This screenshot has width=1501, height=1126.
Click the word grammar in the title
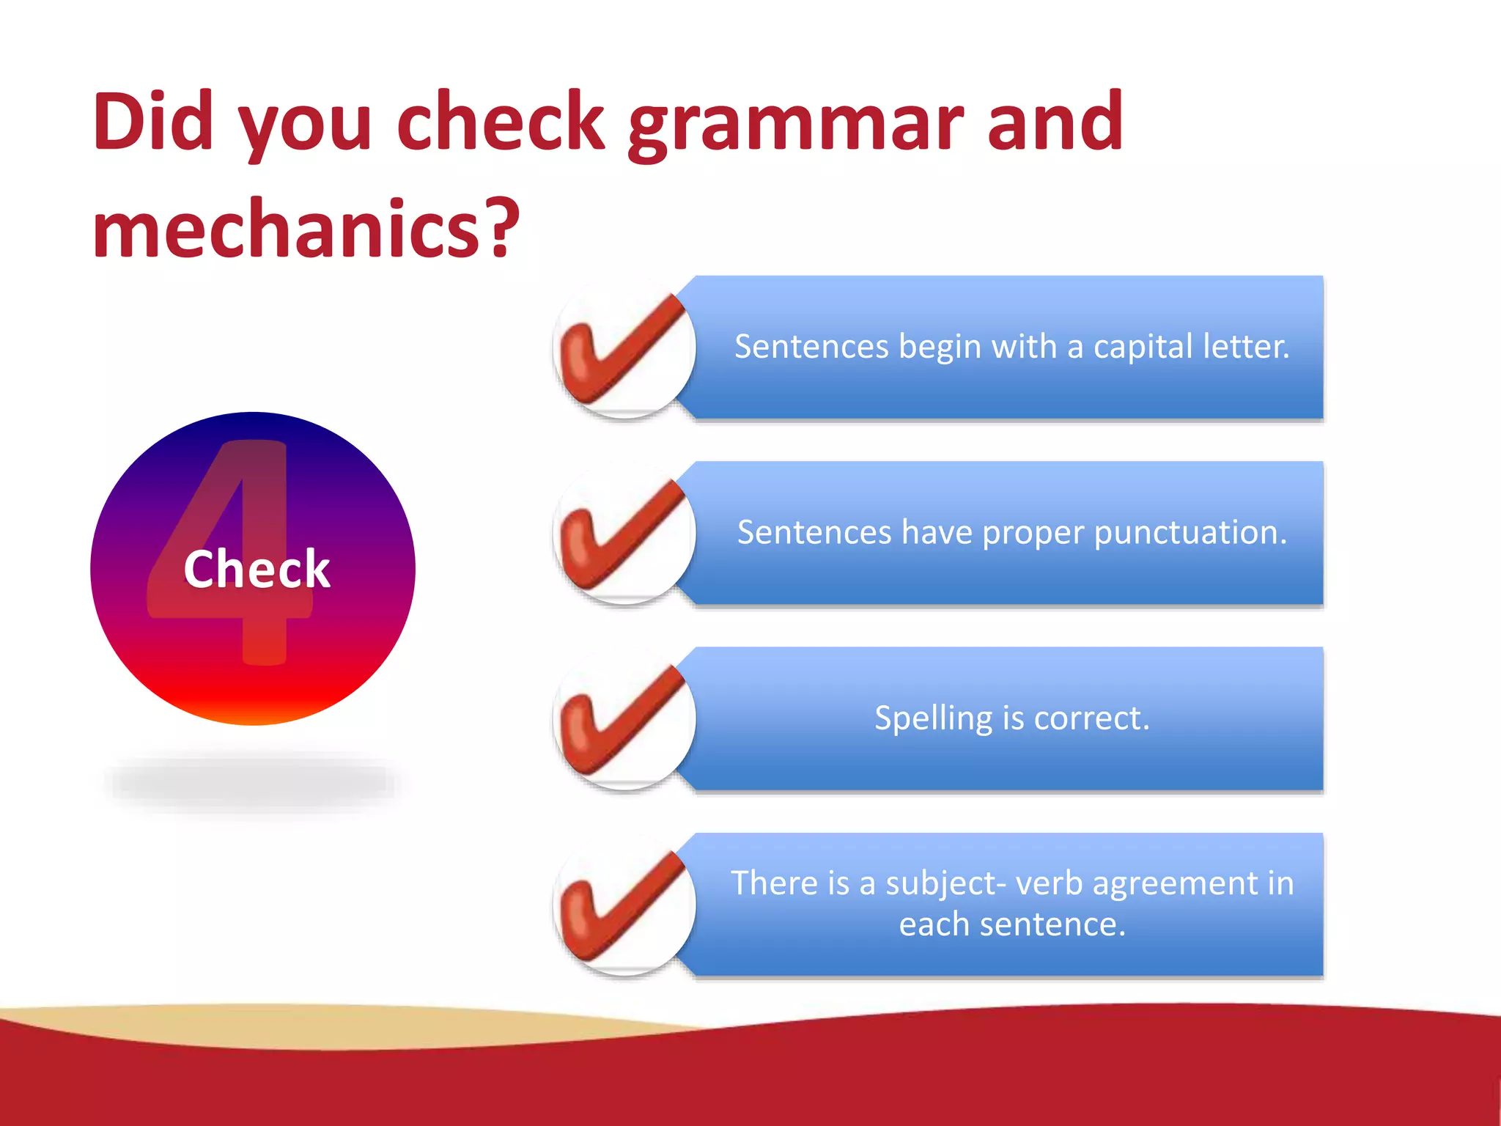pyautogui.click(x=795, y=125)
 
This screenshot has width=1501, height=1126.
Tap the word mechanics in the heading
pyautogui.click(x=286, y=229)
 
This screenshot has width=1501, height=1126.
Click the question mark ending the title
pyautogui.click(x=503, y=229)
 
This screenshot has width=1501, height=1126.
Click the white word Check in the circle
pyautogui.click(x=257, y=569)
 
